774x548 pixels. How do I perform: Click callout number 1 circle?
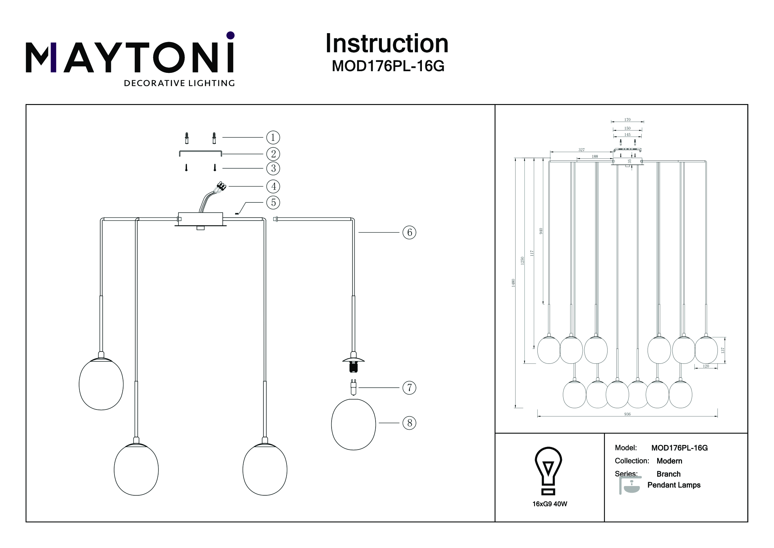pos(273,137)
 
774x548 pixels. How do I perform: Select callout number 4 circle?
pos(273,186)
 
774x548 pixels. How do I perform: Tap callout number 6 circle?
pos(409,233)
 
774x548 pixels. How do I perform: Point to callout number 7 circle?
pos(409,388)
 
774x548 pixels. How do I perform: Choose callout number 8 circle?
pos(409,423)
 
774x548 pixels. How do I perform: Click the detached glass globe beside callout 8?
pos(353,424)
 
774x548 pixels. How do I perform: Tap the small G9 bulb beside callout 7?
pos(353,387)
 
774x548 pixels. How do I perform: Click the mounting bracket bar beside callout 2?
pos(200,152)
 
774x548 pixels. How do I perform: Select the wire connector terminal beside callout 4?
pos(221,185)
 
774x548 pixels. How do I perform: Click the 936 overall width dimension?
pos(627,414)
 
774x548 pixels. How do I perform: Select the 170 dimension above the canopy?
pos(627,120)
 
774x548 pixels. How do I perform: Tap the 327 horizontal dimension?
pos(581,150)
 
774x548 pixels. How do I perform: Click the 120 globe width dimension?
pos(706,366)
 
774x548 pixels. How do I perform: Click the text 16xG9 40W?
pos(550,504)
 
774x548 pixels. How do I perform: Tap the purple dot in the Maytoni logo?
pos(231,35)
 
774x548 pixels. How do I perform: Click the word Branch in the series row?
pos(668,474)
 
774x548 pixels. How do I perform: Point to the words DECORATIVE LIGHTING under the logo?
pos(179,83)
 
